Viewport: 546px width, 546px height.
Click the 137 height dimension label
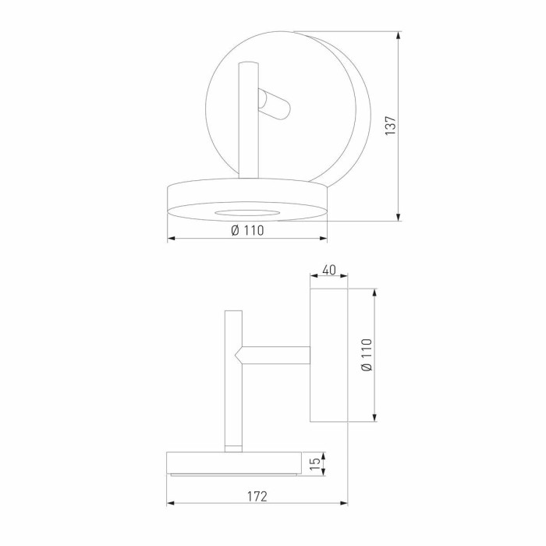391,126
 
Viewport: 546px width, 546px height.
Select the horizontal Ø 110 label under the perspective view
247,230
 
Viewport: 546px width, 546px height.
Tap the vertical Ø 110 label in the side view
366,355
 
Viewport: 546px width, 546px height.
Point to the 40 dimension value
328,270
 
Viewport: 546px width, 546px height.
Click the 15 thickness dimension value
314,465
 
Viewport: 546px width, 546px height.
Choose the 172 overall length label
257,496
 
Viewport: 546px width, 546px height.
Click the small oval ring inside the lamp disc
246,211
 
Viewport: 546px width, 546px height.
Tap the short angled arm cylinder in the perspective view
275,105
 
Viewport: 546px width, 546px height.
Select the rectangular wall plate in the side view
328,355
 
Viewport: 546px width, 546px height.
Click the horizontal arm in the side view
277,355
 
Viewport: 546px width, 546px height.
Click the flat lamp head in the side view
234,463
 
